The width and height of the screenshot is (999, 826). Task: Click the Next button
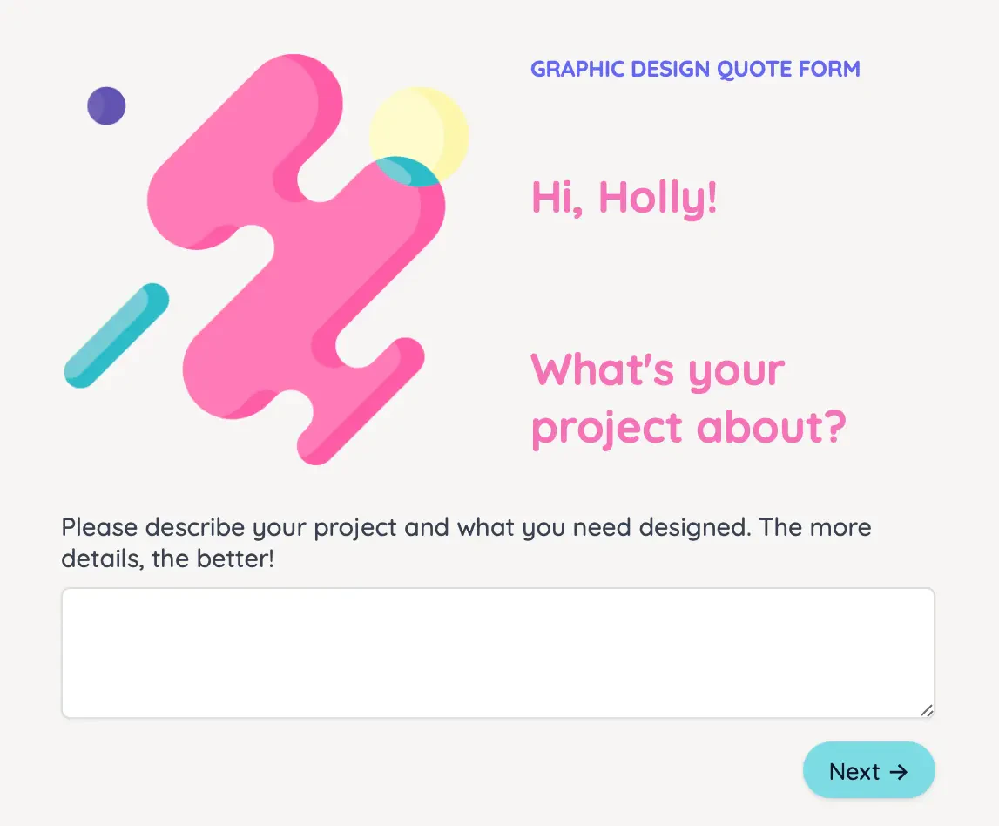click(868, 771)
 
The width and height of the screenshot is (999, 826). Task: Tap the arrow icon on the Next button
click(899, 772)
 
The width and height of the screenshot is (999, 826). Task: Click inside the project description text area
click(497, 653)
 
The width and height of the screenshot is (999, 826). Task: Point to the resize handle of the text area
click(927, 710)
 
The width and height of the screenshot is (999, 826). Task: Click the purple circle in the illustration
click(106, 106)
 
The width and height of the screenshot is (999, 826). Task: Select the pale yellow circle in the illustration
click(427, 126)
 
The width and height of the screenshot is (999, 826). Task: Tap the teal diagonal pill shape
click(116, 335)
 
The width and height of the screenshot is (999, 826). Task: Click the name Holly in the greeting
click(658, 198)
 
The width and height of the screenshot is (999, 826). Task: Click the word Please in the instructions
click(100, 528)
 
